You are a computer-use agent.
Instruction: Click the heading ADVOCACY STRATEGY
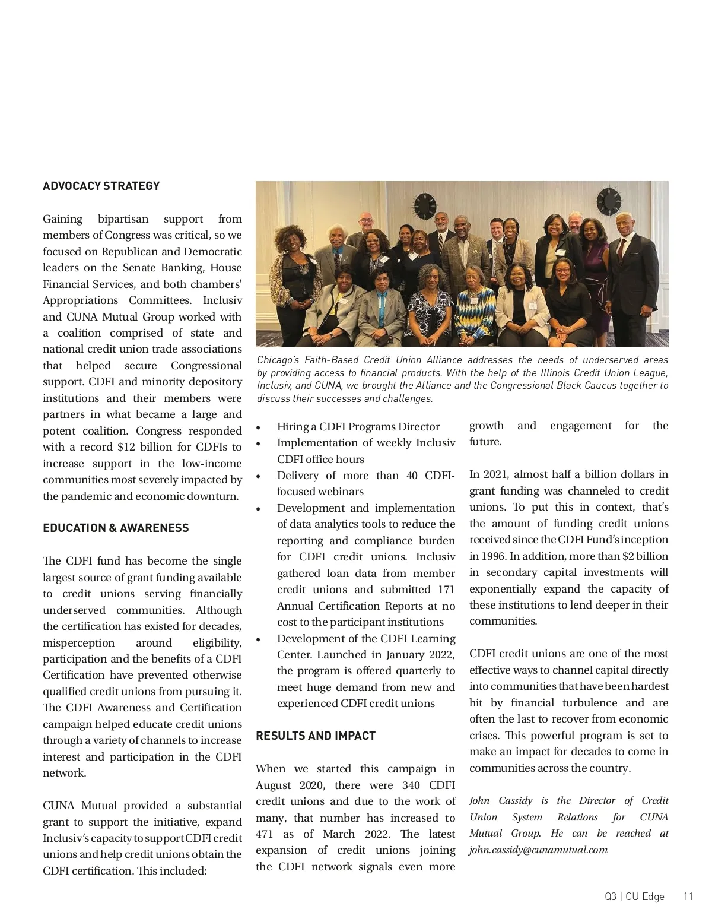[101, 186]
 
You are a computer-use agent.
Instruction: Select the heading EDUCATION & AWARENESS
[116, 528]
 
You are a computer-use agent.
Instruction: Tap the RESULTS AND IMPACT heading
[316, 736]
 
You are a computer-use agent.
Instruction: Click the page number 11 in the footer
[688, 896]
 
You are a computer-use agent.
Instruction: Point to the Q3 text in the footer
[611, 896]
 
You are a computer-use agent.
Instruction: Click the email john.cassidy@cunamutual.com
[538, 850]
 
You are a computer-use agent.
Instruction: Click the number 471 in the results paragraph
[264, 834]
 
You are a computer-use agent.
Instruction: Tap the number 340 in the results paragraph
[411, 785]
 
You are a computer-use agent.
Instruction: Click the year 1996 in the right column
[492, 556]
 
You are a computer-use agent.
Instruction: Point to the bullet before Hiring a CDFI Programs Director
[258, 427]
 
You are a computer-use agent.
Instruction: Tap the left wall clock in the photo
[425, 205]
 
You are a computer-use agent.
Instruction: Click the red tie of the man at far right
[621, 249]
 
